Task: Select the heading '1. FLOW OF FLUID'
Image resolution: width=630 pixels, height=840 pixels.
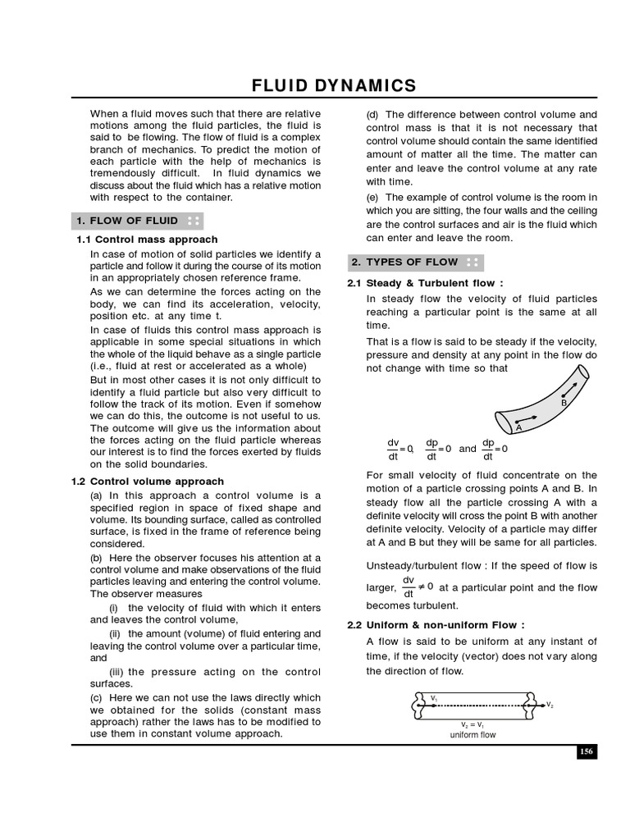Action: tap(127, 221)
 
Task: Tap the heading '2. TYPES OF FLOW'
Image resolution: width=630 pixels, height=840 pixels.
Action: tap(406, 262)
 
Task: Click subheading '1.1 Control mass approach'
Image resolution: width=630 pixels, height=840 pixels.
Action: tap(147, 240)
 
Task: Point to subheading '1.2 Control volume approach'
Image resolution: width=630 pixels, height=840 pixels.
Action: tap(149, 482)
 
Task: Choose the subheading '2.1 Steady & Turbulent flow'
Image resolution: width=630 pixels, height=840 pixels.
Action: tap(425, 284)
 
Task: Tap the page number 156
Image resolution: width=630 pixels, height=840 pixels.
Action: tap(587, 751)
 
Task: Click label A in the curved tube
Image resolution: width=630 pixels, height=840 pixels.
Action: tap(518, 427)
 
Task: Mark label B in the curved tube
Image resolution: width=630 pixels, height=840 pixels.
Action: tap(564, 403)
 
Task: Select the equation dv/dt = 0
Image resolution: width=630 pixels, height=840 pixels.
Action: tap(400, 450)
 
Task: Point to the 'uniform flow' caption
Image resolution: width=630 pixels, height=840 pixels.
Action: tap(472, 735)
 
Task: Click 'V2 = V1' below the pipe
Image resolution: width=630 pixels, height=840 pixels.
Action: tap(473, 725)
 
